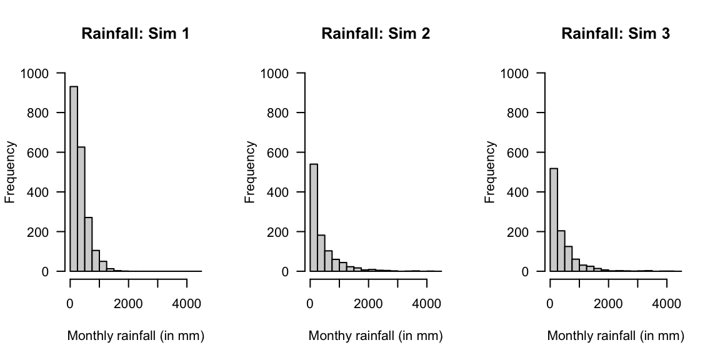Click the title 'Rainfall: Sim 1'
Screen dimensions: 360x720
(136, 34)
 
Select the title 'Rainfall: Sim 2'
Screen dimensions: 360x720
(376, 34)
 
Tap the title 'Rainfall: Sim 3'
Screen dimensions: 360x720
(616, 34)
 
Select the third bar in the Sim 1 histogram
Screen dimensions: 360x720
(88, 244)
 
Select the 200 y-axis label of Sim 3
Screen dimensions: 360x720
(517, 232)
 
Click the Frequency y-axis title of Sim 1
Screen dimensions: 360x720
(11, 172)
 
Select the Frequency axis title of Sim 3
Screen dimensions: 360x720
(491, 172)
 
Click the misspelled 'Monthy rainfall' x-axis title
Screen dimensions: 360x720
(376, 336)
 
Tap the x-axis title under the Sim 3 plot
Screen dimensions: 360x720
(616, 336)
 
